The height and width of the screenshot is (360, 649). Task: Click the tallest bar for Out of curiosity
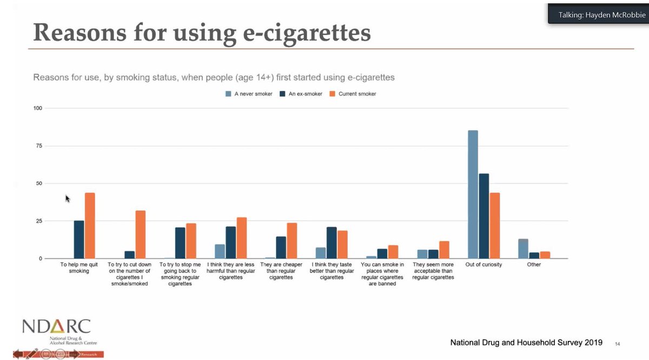point(473,195)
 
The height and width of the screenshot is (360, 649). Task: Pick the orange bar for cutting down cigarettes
point(140,235)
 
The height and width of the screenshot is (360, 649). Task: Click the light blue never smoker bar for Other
point(523,249)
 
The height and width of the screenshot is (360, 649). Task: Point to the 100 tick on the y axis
point(38,108)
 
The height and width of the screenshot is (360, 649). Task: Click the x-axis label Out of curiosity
point(484,265)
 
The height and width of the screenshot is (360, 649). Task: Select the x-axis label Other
point(534,265)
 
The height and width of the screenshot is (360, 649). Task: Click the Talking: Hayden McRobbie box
point(597,15)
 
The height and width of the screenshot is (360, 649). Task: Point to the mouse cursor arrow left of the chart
point(68,198)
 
